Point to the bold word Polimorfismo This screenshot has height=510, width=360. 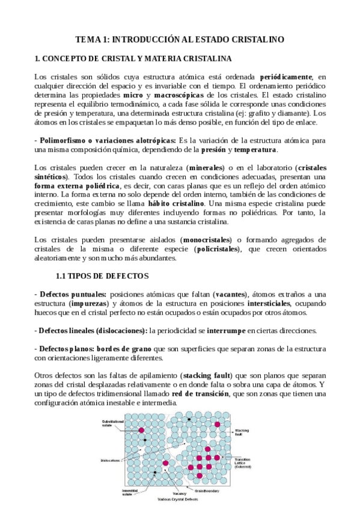(63, 140)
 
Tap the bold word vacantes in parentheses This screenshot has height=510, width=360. (230, 293)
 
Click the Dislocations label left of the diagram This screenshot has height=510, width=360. (110, 461)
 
